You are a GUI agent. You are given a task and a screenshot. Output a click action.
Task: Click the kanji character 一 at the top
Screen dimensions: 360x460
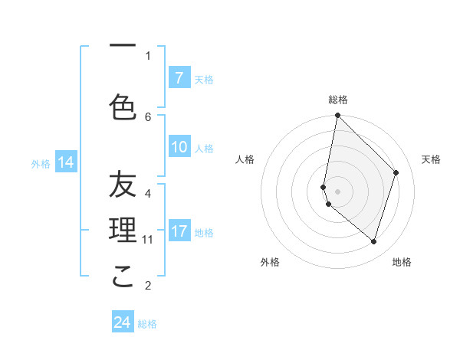pos(123,47)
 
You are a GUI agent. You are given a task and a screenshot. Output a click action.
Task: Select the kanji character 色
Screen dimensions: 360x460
pos(123,107)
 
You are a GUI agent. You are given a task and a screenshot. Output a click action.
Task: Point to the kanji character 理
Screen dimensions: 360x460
pos(123,230)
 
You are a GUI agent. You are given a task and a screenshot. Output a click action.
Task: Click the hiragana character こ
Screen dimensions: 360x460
pos(123,277)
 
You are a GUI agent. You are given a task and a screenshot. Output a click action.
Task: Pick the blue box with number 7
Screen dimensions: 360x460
pos(179,78)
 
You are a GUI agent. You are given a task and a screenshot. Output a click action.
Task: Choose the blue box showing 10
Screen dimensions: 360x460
pos(179,148)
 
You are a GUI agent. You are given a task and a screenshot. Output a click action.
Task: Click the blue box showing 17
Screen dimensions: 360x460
pos(179,231)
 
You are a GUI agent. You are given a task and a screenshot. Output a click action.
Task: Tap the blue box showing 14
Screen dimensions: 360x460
pos(66,162)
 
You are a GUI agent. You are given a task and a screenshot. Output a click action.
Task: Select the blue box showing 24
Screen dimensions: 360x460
pos(123,322)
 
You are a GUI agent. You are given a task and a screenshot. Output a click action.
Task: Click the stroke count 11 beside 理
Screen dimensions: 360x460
pos(148,240)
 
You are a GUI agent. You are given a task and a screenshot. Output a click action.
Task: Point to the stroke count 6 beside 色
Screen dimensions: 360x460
pos(148,116)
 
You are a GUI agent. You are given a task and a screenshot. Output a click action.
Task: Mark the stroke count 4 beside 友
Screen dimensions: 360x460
pos(148,193)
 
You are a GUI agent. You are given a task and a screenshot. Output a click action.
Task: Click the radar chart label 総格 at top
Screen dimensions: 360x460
pos(338,100)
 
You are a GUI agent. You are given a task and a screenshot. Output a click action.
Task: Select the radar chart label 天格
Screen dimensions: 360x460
pos(432,159)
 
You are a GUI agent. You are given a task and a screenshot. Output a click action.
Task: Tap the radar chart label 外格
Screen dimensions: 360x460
pos(270,262)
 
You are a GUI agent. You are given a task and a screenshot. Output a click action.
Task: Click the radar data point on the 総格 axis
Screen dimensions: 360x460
pos(338,116)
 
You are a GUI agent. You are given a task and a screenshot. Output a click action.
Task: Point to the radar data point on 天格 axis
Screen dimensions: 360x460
pos(396,172)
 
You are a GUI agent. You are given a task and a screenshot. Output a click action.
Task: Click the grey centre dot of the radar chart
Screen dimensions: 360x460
pos(338,191)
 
